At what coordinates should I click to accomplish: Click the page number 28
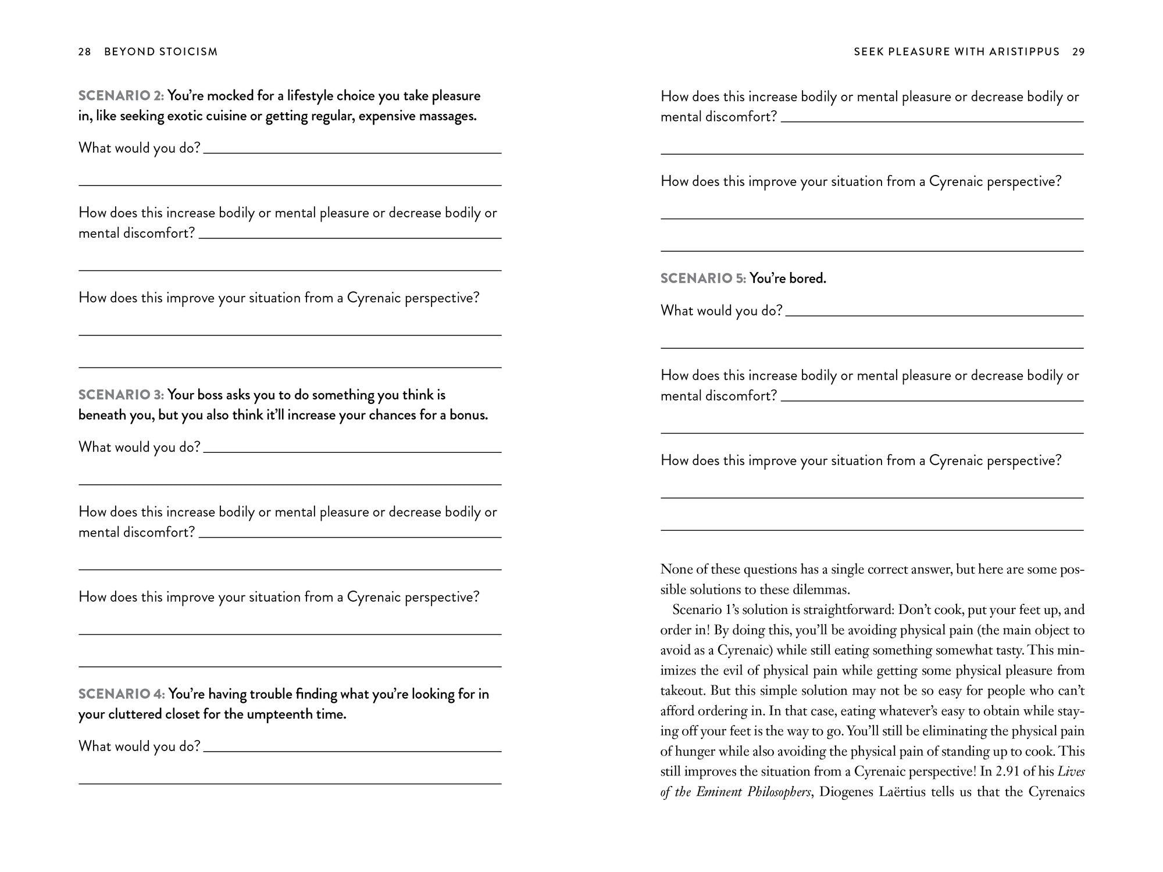point(84,52)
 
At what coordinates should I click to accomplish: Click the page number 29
point(1078,52)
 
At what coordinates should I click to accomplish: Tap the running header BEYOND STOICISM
point(160,52)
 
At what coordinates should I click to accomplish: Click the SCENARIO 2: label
point(121,96)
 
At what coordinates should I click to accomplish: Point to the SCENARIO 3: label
point(121,395)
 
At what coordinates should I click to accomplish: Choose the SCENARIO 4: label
point(122,694)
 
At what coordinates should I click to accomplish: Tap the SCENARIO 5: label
point(703,278)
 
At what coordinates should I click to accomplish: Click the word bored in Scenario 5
point(807,278)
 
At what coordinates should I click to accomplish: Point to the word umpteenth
point(280,714)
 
